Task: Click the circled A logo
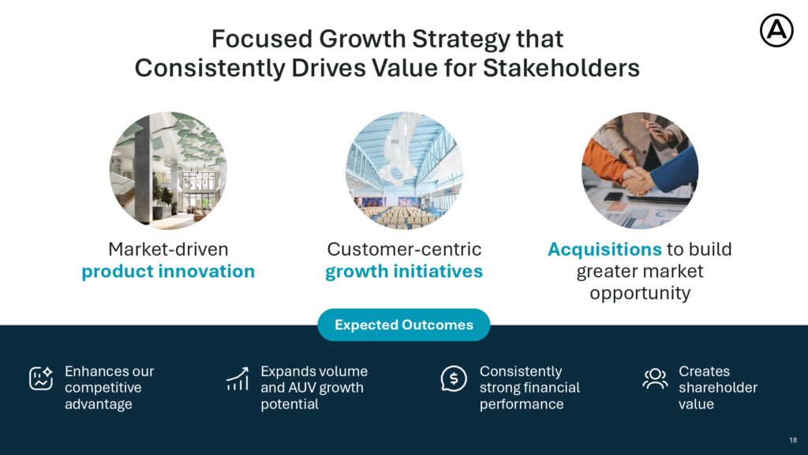click(x=776, y=31)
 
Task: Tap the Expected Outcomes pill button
click(x=403, y=325)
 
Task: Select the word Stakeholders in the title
click(x=561, y=68)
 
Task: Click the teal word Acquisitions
click(x=604, y=249)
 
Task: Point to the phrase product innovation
click(x=168, y=272)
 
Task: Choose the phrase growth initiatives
click(x=403, y=272)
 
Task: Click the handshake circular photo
click(x=640, y=171)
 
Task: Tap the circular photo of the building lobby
click(x=168, y=171)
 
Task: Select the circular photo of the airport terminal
click(x=404, y=171)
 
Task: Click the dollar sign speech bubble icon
click(x=454, y=378)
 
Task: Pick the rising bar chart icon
click(x=238, y=378)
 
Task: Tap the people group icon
click(x=655, y=378)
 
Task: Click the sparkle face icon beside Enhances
click(x=41, y=378)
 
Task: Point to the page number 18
click(x=793, y=440)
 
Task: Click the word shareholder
click(x=718, y=387)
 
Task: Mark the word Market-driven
click(x=168, y=249)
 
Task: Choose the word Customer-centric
click(x=404, y=249)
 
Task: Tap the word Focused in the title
click(x=262, y=39)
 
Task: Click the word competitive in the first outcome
click(x=103, y=388)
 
